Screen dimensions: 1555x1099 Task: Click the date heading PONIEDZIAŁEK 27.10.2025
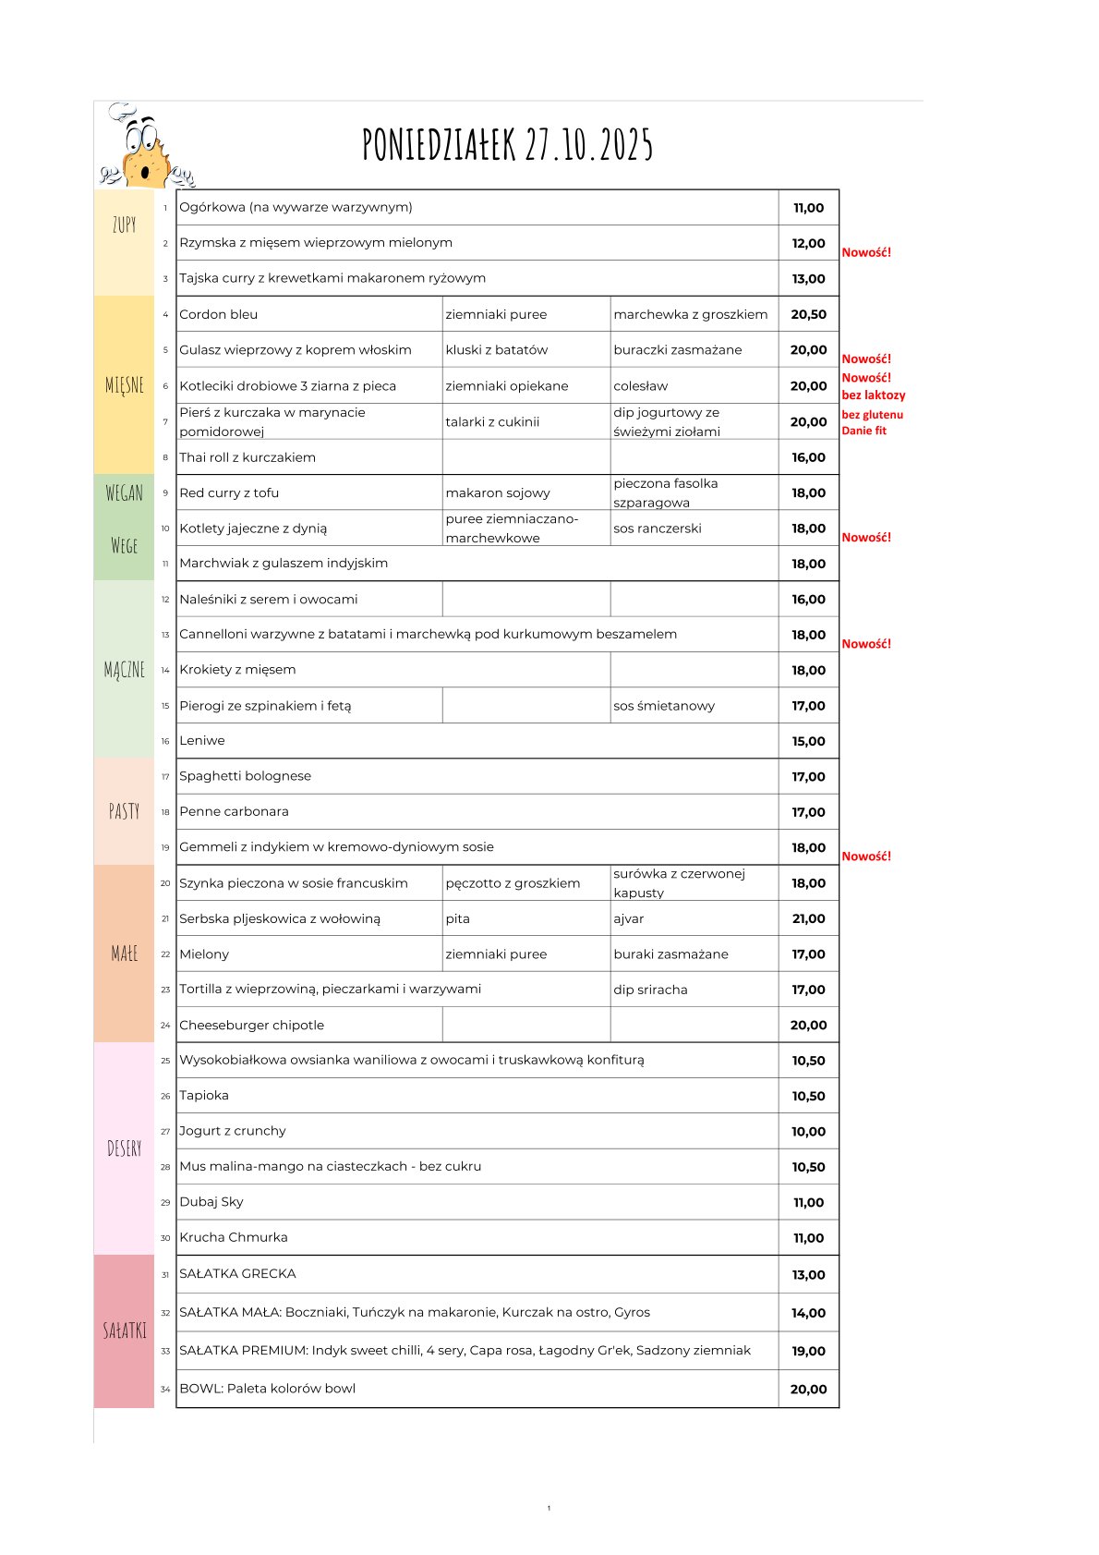508,145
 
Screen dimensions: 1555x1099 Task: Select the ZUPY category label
125,225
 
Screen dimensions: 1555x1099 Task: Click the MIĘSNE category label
125,385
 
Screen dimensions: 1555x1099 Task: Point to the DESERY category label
125,1148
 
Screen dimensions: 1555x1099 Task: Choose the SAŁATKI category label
125,1330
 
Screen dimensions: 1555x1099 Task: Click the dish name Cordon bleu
219,314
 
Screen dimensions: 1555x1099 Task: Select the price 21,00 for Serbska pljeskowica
808,918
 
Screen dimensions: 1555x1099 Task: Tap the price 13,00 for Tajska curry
808,279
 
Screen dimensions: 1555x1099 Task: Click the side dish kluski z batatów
496,350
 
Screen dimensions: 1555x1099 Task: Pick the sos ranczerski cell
657,528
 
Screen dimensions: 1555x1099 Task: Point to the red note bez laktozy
873,395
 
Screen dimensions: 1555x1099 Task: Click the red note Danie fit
863,431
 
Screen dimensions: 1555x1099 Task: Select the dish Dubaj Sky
211,1202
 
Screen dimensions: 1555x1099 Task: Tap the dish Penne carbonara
234,811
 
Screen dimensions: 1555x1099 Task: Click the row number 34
165,1389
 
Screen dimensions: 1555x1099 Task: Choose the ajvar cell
628,918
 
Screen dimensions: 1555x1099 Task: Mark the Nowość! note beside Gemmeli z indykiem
866,856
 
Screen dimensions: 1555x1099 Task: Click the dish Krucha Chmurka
234,1237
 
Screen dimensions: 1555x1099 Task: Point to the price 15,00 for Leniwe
808,741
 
